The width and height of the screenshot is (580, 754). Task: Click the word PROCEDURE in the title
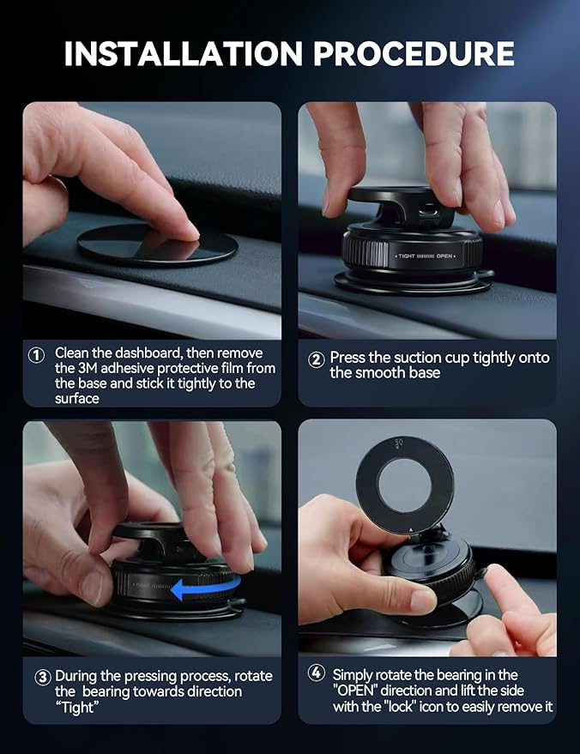coord(414,53)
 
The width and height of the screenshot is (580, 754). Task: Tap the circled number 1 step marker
coord(37,354)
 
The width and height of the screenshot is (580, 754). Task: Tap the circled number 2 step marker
coord(316,359)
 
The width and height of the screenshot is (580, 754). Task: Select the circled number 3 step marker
coord(42,677)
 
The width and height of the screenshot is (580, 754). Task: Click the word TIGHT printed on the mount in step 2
coord(408,256)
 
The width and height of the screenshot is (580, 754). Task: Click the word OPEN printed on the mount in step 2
coord(444,256)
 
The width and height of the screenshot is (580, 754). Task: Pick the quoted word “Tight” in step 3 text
coord(76,707)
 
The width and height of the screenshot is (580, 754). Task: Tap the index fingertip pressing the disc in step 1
coord(185,229)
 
